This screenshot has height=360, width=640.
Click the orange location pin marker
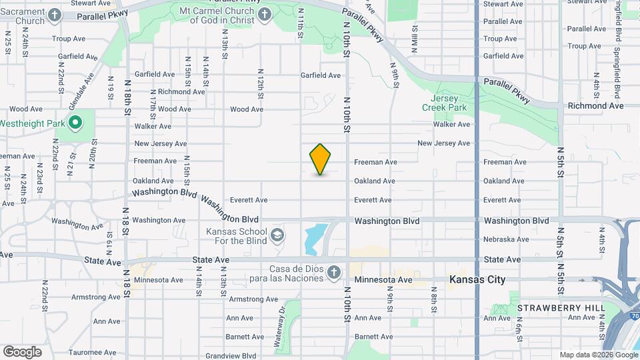point(321,159)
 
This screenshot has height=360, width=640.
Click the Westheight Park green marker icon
point(75,123)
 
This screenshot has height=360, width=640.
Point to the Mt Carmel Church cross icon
point(265,15)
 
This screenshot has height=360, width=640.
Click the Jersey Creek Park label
point(444,101)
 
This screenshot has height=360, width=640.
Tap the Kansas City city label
point(477,279)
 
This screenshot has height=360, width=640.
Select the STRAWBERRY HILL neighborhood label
point(561,307)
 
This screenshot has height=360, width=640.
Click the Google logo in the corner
point(22,351)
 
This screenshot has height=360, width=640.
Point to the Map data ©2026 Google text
point(598,355)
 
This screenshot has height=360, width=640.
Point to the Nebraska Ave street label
point(507,239)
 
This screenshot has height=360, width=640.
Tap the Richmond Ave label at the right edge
point(595,105)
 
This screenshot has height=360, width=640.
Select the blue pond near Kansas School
point(314,239)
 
